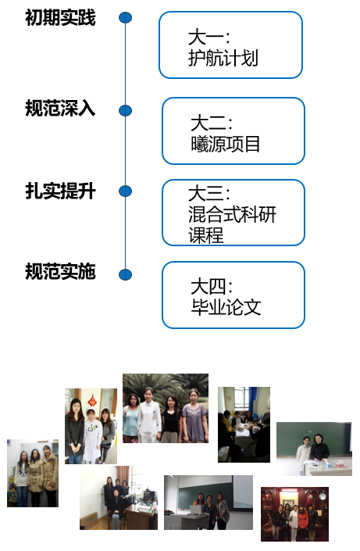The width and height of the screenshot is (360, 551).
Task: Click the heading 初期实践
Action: point(60,17)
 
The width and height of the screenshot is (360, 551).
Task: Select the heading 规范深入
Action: point(60,108)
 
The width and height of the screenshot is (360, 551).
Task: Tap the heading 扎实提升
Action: point(60,191)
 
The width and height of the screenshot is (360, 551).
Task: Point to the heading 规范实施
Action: point(60,271)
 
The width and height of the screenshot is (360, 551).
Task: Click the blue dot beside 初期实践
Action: point(126,17)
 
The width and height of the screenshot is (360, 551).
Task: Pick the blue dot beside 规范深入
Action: point(126,111)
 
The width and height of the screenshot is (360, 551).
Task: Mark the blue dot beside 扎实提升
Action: point(126,191)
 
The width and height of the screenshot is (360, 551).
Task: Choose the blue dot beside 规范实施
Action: point(126,274)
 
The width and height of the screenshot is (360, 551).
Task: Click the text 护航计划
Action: point(223,58)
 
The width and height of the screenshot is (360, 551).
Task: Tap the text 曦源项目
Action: point(226,144)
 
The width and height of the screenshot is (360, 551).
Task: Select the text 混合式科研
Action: point(232,214)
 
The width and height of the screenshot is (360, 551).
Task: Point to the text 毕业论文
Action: point(226,307)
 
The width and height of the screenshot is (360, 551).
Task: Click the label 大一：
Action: point(209,38)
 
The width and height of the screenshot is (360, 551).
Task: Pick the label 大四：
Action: point(212,286)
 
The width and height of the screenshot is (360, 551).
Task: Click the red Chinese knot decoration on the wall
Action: point(92,400)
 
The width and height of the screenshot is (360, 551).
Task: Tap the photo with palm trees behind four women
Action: point(166,408)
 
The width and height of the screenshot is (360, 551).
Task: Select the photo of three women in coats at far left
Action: point(33,473)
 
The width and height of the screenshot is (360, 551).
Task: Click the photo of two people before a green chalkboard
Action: point(314,449)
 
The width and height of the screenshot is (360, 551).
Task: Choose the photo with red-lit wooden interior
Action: point(294,514)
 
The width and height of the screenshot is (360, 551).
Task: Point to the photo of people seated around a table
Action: point(244,424)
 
